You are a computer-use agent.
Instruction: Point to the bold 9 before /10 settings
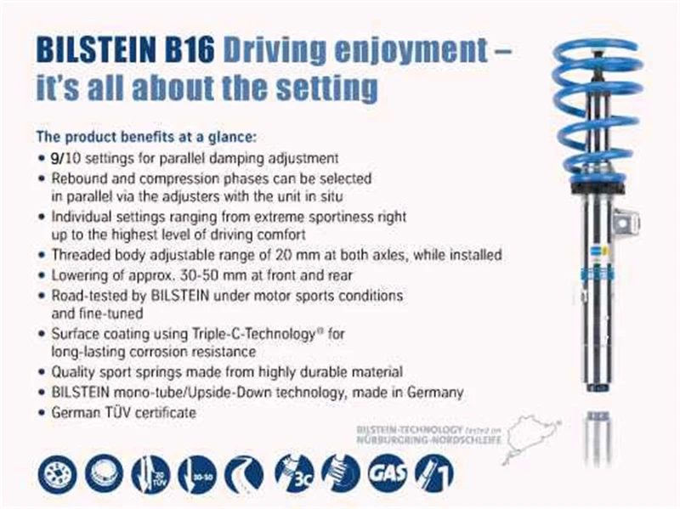[x=55, y=158]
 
